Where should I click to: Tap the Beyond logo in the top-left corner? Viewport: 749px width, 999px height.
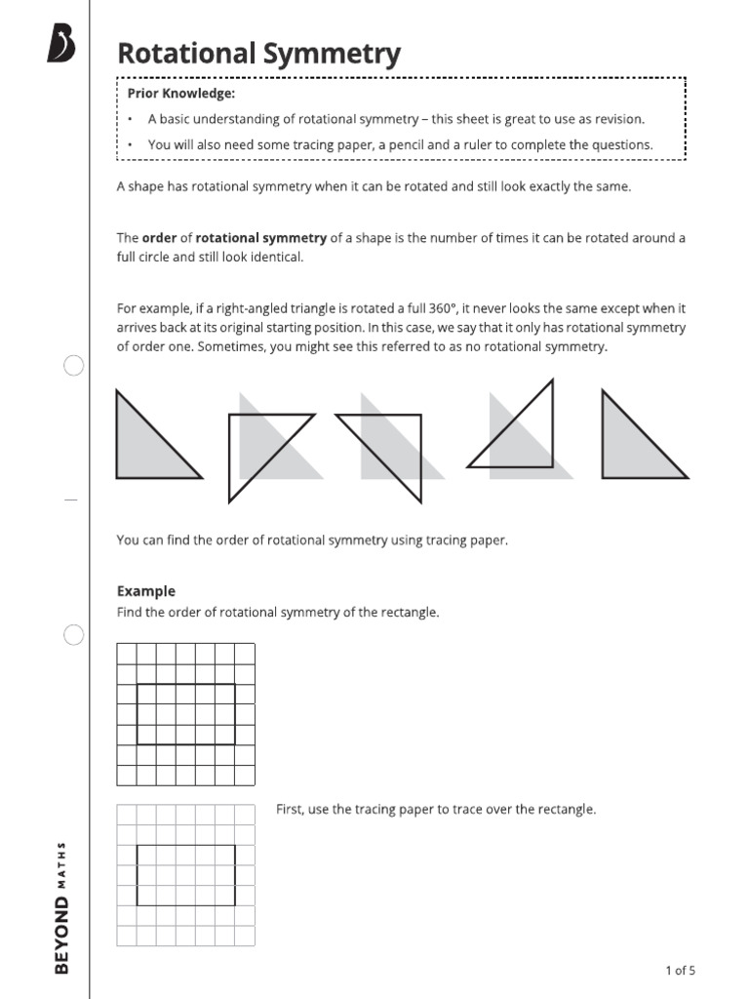click(61, 45)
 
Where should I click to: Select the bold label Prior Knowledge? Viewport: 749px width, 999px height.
click(181, 94)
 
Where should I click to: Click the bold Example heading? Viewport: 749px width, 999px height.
click(146, 591)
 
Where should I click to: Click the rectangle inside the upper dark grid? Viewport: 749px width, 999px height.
click(185, 714)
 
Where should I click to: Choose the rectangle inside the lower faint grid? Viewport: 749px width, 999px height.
click(185, 875)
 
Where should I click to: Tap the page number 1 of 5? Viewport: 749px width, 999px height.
click(680, 970)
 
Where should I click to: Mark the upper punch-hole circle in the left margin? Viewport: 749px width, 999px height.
click(73, 366)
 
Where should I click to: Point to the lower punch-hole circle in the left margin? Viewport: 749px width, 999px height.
click(73, 636)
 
